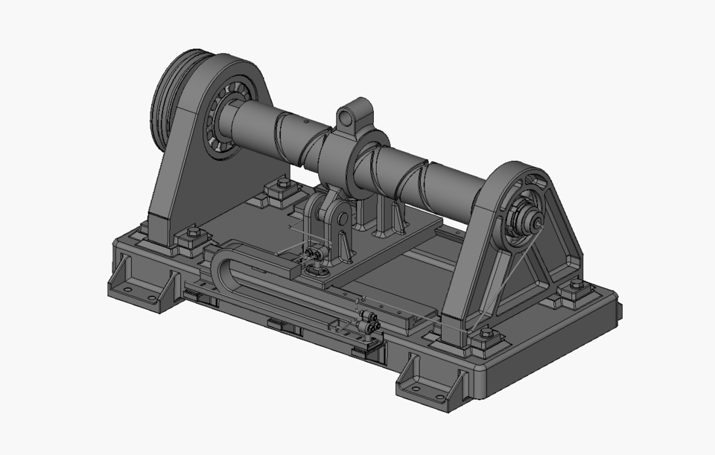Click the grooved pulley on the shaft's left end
(x=167, y=104)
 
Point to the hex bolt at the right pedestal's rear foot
(x=574, y=288)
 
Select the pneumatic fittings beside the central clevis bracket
(x=313, y=256)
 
